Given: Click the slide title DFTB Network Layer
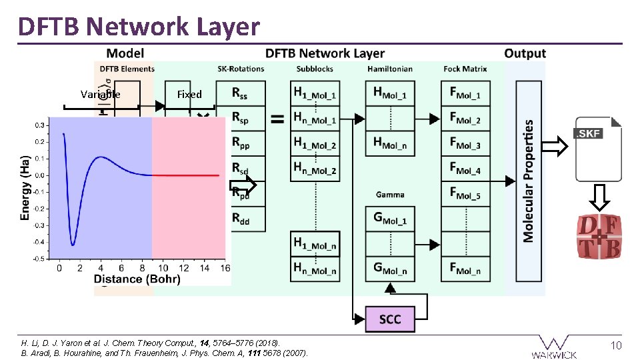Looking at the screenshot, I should coord(139,27).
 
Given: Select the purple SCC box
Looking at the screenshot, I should coord(390,319).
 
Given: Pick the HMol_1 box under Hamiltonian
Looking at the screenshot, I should coord(389,94).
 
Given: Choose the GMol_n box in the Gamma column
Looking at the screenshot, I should coord(389,269).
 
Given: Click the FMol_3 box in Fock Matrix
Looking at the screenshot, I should coord(465,144).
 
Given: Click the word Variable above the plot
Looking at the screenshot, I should coord(100,95).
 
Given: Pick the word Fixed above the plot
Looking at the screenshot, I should coord(189,95).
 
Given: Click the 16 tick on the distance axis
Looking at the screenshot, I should coord(225,268).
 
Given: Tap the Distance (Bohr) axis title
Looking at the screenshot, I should coord(137,279).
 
